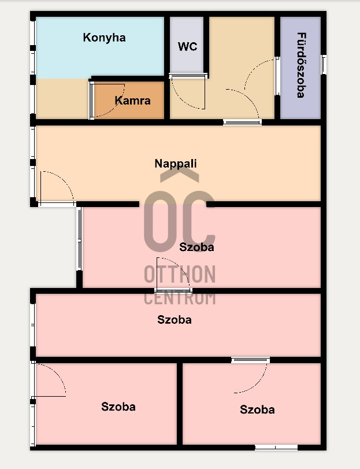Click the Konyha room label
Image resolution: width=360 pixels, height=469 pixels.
[x=104, y=38]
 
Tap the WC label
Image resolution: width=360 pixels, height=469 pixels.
[x=187, y=47]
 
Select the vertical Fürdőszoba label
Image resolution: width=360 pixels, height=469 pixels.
[x=301, y=65]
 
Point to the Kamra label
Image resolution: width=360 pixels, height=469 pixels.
[x=132, y=101]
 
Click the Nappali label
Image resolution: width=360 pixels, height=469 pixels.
[x=176, y=164]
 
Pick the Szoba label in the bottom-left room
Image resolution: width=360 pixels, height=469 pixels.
[x=118, y=407]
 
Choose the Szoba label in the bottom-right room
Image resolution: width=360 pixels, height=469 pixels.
[x=257, y=409]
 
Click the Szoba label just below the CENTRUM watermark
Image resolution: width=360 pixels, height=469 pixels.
[x=175, y=319]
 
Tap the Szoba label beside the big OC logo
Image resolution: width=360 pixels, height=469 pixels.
[x=196, y=247]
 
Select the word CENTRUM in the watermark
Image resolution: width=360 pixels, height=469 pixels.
[x=180, y=298]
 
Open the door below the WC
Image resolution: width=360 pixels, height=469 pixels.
[x=188, y=93]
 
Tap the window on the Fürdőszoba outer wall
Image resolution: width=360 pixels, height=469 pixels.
[x=324, y=64]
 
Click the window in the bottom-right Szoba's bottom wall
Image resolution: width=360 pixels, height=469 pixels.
[x=276, y=447]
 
